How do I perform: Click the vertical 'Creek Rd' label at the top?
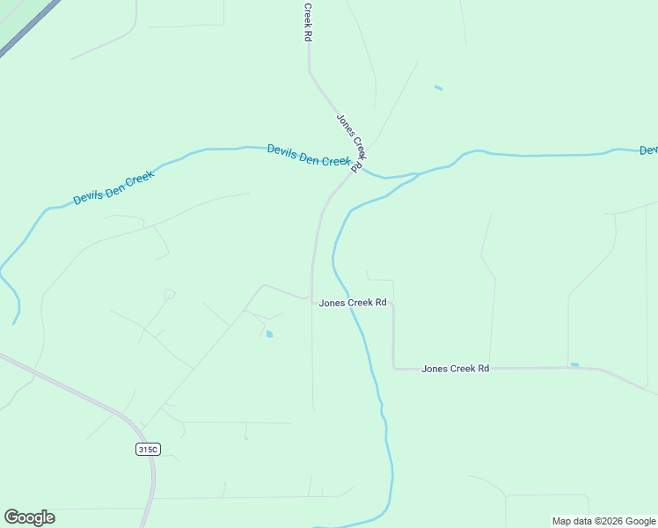[308, 23]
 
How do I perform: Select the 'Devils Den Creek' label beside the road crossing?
[310, 156]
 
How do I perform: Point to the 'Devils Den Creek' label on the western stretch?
[113, 187]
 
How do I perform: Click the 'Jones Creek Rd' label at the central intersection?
[353, 303]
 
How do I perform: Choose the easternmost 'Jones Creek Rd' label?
[455, 369]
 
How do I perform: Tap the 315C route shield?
[148, 450]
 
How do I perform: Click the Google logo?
[29, 517]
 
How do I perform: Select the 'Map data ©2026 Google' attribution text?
[604, 521]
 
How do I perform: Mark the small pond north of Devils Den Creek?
[438, 88]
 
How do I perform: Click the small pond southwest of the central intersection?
[269, 334]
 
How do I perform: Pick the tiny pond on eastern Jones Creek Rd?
[574, 364]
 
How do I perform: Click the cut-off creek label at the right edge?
[649, 150]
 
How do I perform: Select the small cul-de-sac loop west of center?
[169, 293]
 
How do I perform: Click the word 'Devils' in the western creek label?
[88, 194]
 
